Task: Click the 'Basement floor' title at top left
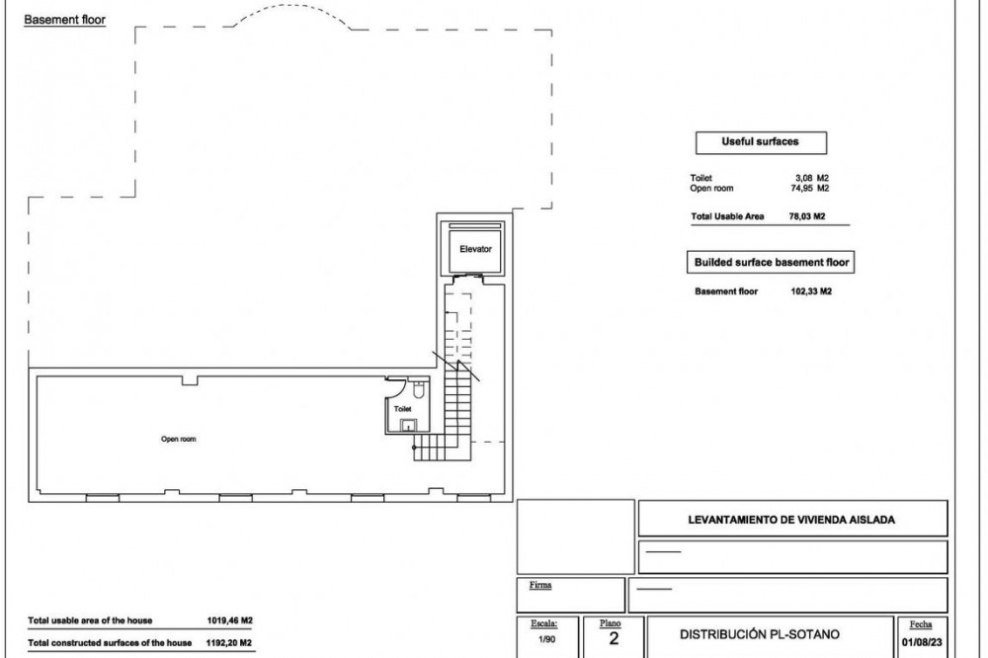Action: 65,20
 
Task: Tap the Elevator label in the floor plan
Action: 476,249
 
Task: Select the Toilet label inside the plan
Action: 403,409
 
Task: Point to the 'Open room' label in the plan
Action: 178,440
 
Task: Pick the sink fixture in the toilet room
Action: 409,426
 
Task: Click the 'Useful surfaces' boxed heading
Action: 761,142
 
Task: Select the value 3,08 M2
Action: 811,179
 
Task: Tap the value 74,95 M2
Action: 810,189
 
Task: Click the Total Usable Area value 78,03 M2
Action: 807,216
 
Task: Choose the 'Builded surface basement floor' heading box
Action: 771,262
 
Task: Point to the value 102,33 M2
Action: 811,291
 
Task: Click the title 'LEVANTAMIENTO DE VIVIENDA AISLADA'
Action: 791,520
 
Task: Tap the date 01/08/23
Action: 922,643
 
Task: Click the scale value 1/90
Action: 546,639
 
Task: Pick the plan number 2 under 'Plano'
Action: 614,639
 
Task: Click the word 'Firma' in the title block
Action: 540,585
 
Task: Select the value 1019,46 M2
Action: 229,620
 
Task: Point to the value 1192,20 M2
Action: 229,643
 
